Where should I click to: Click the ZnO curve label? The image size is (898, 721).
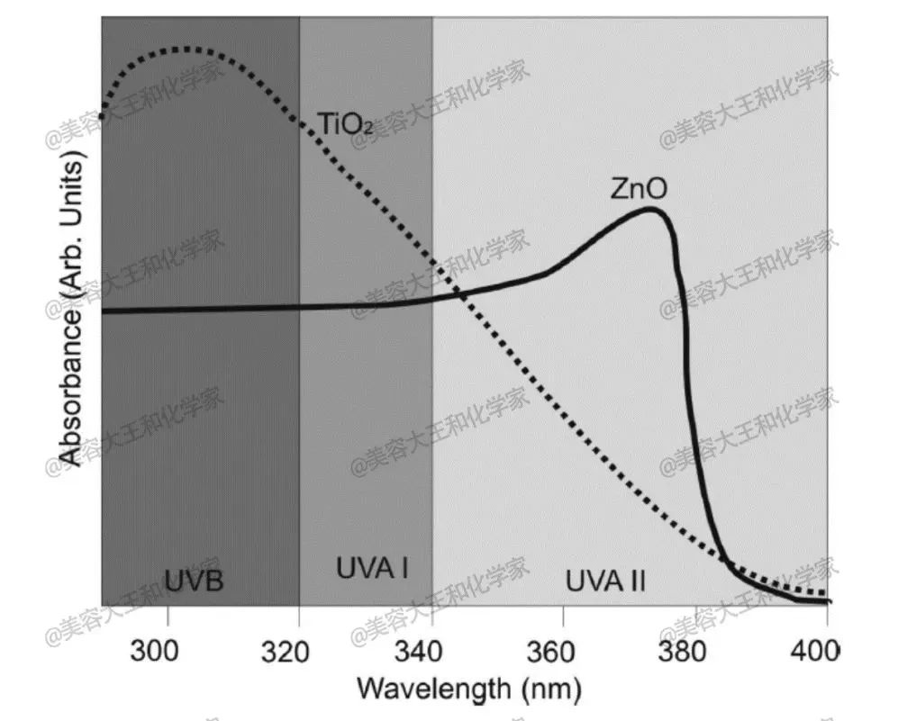[639, 190]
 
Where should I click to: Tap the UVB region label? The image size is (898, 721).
[194, 581]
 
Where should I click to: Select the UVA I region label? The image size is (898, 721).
[372, 569]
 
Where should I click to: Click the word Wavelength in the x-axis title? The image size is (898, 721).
[432, 689]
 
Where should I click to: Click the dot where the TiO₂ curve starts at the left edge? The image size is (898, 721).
[102, 116]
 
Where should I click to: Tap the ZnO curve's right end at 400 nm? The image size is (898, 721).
[828, 601]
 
